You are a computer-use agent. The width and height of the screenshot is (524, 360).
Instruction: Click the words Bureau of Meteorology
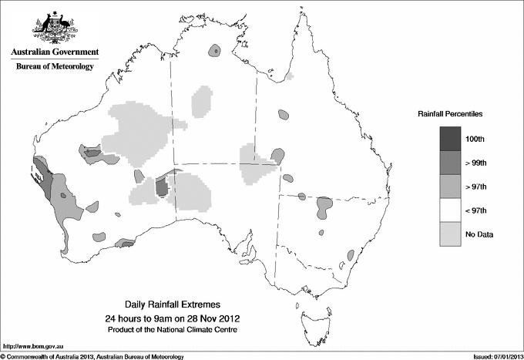[x=55, y=67]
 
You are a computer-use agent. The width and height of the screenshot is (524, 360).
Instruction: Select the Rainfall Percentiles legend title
[x=450, y=113]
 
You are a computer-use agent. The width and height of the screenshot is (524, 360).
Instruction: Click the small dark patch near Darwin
[x=215, y=51]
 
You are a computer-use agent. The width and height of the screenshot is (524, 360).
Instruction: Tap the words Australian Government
[x=55, y=52]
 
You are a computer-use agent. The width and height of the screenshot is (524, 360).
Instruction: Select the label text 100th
[x=475, y=138]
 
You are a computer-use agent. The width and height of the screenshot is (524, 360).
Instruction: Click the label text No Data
[x=479, y=234]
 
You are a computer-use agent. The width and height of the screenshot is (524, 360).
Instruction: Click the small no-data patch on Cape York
[x=290, y=76]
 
